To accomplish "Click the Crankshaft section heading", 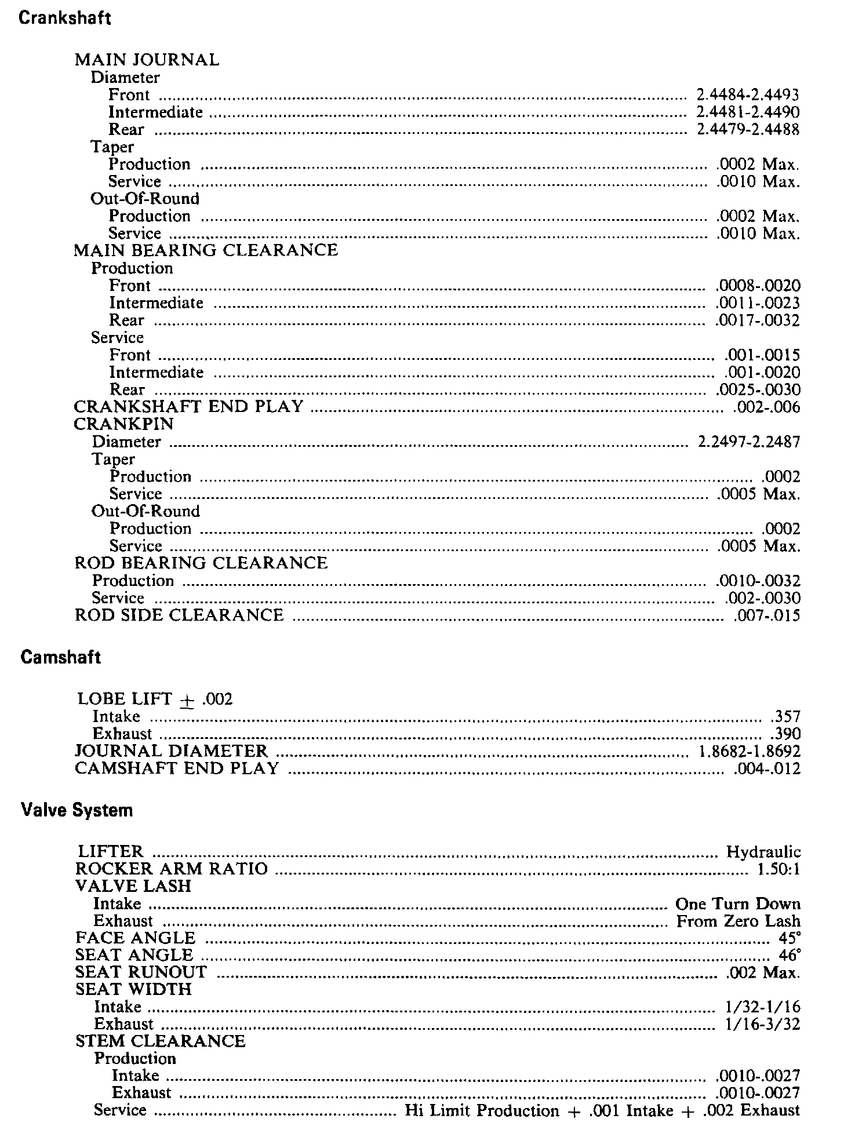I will coord(65,18).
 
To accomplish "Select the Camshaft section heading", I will coord(61,657).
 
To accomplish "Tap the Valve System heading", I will coord(77,810).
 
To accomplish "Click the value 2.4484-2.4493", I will coord(748,94).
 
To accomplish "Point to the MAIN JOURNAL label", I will coord(147,60).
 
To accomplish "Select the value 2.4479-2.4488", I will coord(748,129).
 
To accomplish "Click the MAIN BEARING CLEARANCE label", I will coord(206,250).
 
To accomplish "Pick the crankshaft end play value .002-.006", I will coord(766,407).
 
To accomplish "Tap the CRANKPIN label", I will coord(124,424).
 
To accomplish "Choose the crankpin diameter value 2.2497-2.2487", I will coord(749,442).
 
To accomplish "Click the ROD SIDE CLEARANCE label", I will coord(180,615).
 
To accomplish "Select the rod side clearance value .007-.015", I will coord(766,615).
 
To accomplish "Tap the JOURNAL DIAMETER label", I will coord(172,751).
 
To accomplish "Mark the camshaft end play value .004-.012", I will coord(766,769).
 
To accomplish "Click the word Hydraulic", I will coord(763,852).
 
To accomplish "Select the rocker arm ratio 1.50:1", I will coord(778,869).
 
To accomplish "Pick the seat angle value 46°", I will coord(790,955).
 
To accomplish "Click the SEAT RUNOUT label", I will coord(141,972).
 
